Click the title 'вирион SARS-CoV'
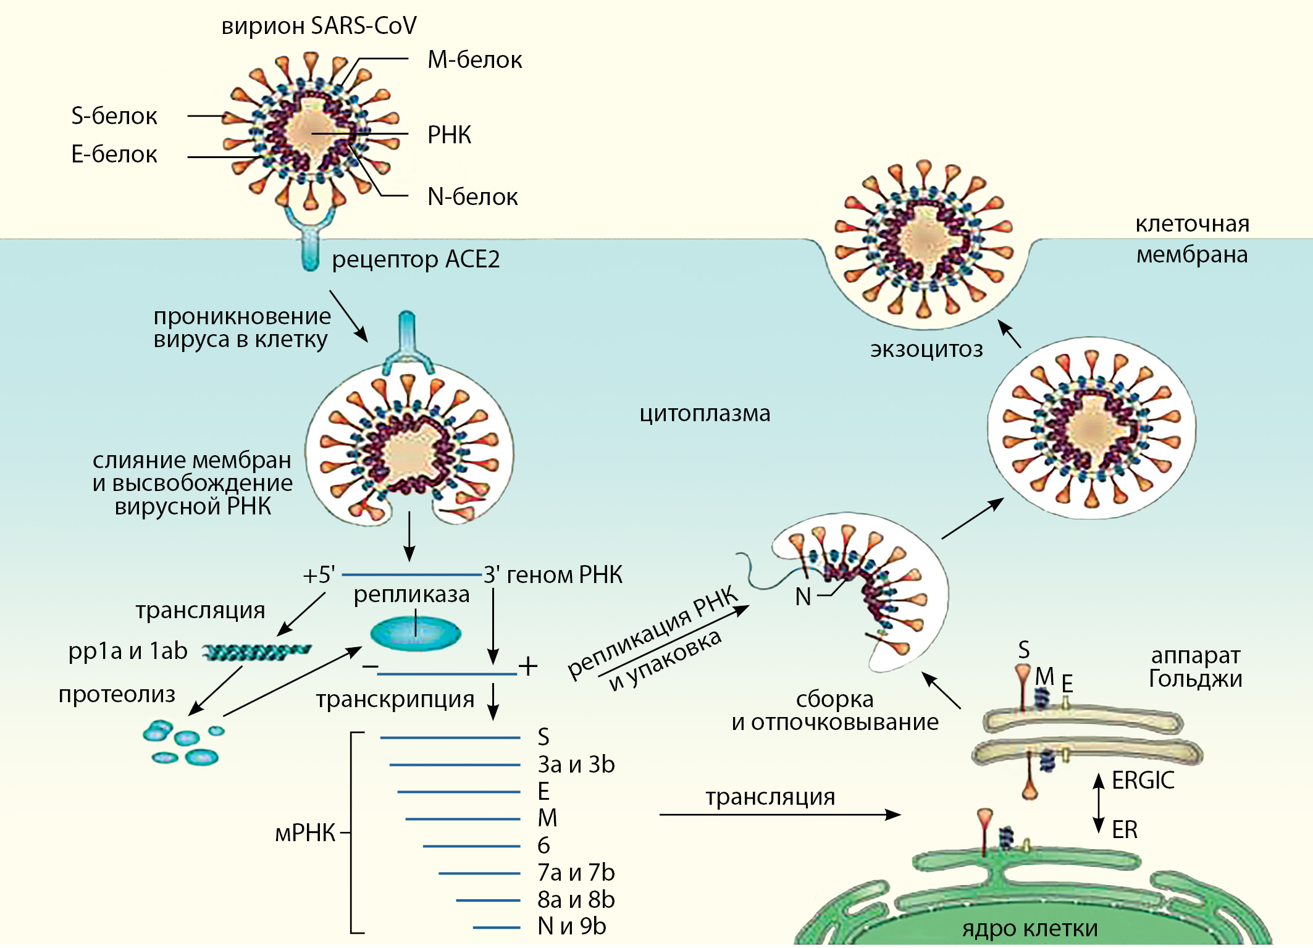319,26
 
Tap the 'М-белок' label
475,60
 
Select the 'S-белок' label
114,116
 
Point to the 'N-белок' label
472,197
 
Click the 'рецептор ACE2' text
416,259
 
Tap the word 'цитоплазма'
705,413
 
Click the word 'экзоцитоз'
926,350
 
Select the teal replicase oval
416,633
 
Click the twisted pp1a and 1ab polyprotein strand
257,652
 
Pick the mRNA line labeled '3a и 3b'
455,765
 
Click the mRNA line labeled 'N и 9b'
497,927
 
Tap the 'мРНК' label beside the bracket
305,833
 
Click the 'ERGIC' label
1143,781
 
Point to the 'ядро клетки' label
1030,928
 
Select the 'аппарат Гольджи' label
1196,667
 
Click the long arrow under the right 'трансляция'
780,815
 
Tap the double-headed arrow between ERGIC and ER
1099,803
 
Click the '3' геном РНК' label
553,575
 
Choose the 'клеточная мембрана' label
1192,239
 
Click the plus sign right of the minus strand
528,666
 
